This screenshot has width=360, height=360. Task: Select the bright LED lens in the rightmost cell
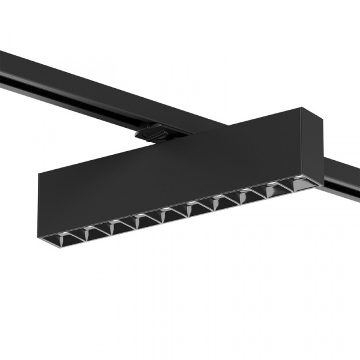click(298, 181)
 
